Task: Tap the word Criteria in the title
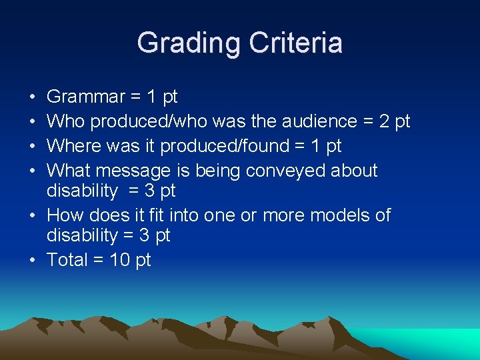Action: pyautogui.click(x=295, y=43)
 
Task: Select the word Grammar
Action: pyautogui.click(x=86, y=97)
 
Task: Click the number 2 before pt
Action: pyautogui.click(x=385, y=121)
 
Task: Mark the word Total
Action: pyautogui.click(x=67, y=260)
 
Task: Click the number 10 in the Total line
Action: pyautogui.click(x=120, y=260)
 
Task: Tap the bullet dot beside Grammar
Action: pyautogui.click(x=33, y=97)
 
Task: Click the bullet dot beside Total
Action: pyautogui.click(x=33, y=260)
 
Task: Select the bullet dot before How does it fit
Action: pyautogui.click(x=33, y=215)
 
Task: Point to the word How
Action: pyautogui.click(x=64, y=215)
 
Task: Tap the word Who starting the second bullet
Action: pyautogui.click(x=66, y=121)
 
